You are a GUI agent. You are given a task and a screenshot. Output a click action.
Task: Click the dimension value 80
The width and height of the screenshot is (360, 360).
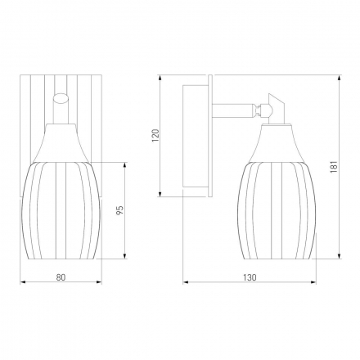tap(61, 277)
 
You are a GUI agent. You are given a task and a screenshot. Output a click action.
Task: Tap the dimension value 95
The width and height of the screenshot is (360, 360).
tap(120, 209)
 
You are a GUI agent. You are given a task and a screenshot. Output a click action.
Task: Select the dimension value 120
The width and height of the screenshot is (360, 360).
tap(155, 135)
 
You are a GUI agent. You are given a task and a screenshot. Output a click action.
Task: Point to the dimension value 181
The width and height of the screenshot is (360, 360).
tap(335, 167)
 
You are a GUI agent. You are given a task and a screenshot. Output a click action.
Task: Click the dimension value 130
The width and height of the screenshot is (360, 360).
tap(250, 277)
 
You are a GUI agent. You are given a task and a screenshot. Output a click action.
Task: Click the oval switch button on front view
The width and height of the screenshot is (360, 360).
tap(61, 98)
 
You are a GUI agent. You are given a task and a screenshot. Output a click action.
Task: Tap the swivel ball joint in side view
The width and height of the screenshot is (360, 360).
tap(265, 110)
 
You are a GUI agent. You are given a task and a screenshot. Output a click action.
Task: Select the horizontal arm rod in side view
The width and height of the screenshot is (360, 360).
tap(235, 110)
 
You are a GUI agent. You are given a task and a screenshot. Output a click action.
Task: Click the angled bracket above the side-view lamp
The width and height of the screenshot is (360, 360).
tap(276, 107)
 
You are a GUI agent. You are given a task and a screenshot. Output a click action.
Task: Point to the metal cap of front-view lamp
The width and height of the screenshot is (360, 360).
tap(61, 144)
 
